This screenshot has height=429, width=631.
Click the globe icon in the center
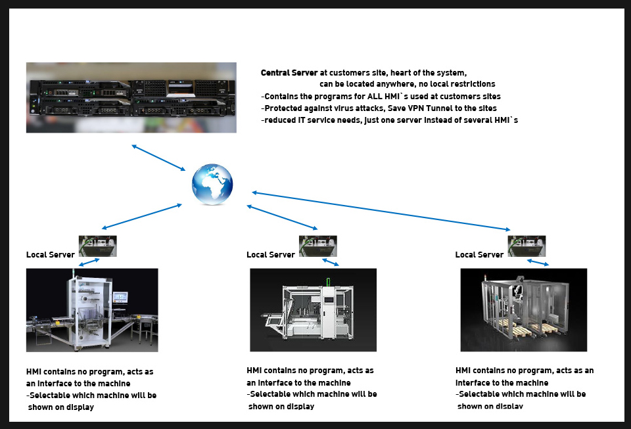point(212,185)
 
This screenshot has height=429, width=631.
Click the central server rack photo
point(131,98)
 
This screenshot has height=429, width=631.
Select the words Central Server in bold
point(289,73)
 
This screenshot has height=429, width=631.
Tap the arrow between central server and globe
point(159,158)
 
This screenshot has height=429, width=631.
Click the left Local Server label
point(51,255)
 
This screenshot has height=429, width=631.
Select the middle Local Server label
point(271,255)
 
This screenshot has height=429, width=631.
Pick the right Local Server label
point(479,255)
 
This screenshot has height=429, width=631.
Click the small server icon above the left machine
point(98,246)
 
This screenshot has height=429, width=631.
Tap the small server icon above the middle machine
point(318,246)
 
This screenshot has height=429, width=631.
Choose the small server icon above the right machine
point(526,246)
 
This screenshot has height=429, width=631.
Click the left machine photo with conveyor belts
point(92,309)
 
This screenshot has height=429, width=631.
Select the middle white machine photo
point(313,309)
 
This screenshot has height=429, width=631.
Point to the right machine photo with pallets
point(523,309)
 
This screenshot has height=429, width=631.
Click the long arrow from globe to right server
point(381,211)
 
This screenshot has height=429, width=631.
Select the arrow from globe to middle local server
point(282,217)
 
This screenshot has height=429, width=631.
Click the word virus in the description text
point(336,108)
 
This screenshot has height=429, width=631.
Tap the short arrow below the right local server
point(538,263)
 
